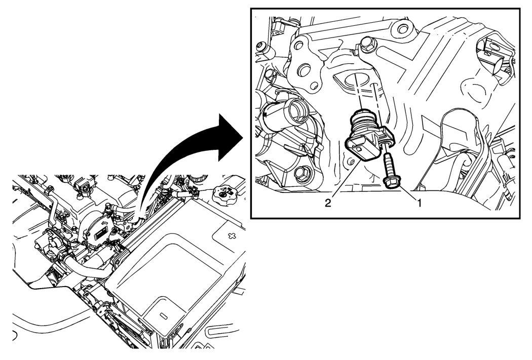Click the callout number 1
click(420, 203)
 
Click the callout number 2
click(327, 203)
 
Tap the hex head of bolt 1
click(392, 182)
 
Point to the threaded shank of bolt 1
click(388, 165)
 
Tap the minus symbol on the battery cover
click(164, 315)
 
